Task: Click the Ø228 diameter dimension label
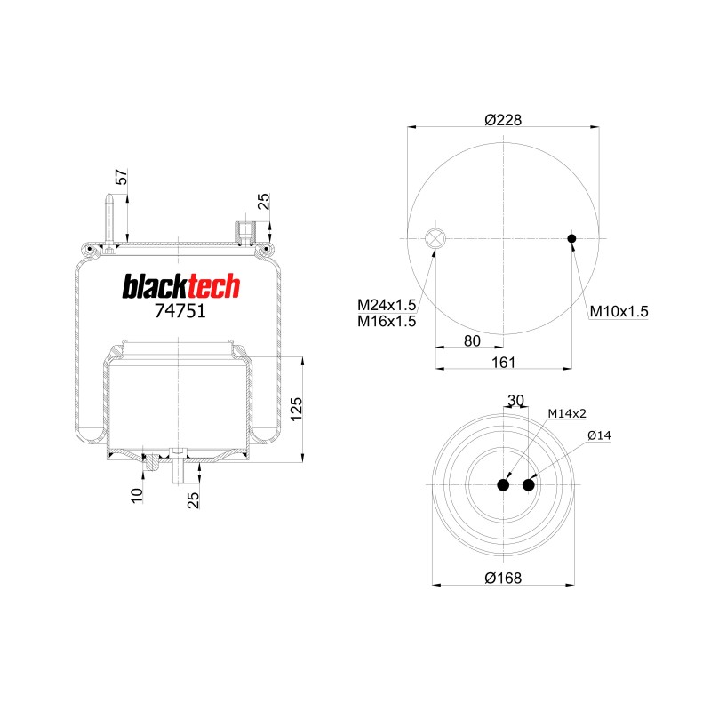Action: click(x=503, y=120)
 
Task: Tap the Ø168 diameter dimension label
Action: click(x=503, y=579)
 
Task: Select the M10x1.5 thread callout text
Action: click(x=619, y=312)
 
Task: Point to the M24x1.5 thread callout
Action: click(x=387, y=305)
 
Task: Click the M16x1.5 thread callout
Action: click(x=387, y=322)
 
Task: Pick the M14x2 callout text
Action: click(x=567, y=413)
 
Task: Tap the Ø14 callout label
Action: click(x=599, y=435)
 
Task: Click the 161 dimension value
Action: click(x=504, y=363)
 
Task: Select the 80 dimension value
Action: click(x=472, y=341)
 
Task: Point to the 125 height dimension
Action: click(x=296, y=410)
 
